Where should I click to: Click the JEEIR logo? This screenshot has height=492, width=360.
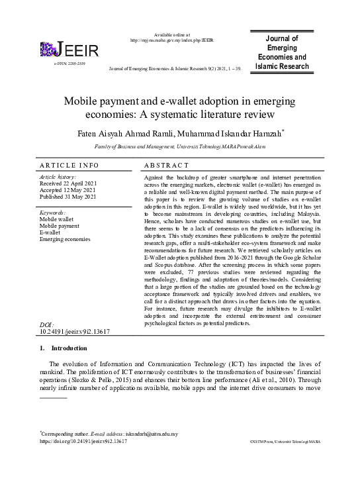[x=69, y=50]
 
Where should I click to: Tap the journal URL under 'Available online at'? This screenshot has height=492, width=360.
[x=171, y=40]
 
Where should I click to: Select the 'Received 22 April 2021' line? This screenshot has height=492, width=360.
[x=68, y=183]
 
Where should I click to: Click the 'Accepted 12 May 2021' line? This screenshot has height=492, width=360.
[x=67, y=190]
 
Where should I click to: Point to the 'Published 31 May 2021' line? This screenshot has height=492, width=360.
[x=68, y=197]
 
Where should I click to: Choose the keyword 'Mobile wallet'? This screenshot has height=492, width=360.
[x=58, y=219]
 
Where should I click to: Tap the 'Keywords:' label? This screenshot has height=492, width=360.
[x=54, y=212]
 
